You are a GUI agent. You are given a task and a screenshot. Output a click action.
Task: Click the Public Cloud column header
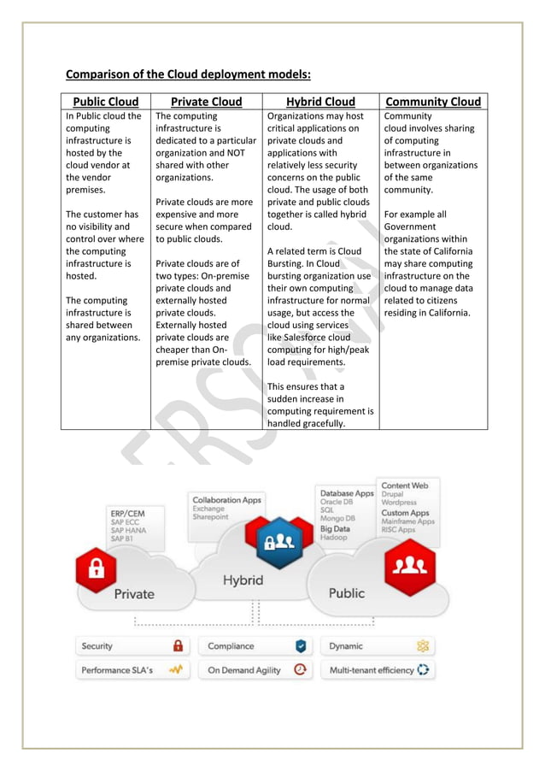pos(106,102)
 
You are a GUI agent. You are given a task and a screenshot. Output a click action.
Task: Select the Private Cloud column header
pos(206,102)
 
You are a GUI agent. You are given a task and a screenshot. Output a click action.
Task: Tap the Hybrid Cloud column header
pos(320,102)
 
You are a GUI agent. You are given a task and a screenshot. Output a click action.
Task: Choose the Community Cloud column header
pos(433,102)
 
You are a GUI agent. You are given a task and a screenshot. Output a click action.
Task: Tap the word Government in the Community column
pos(413,227)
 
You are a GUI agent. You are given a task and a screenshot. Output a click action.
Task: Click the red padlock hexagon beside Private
pos(97,568)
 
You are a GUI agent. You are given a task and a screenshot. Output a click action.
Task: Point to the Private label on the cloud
pos(134,594)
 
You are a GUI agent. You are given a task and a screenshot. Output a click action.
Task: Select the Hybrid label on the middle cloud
pos(243,581)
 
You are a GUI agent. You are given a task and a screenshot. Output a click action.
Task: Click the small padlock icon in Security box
pos(178,646)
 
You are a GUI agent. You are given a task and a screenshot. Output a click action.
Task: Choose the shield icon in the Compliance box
pos(301,646)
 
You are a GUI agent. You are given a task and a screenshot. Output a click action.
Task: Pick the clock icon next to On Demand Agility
pos(300,670)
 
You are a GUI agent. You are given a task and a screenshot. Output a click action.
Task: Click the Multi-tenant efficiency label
pos(372,671)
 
